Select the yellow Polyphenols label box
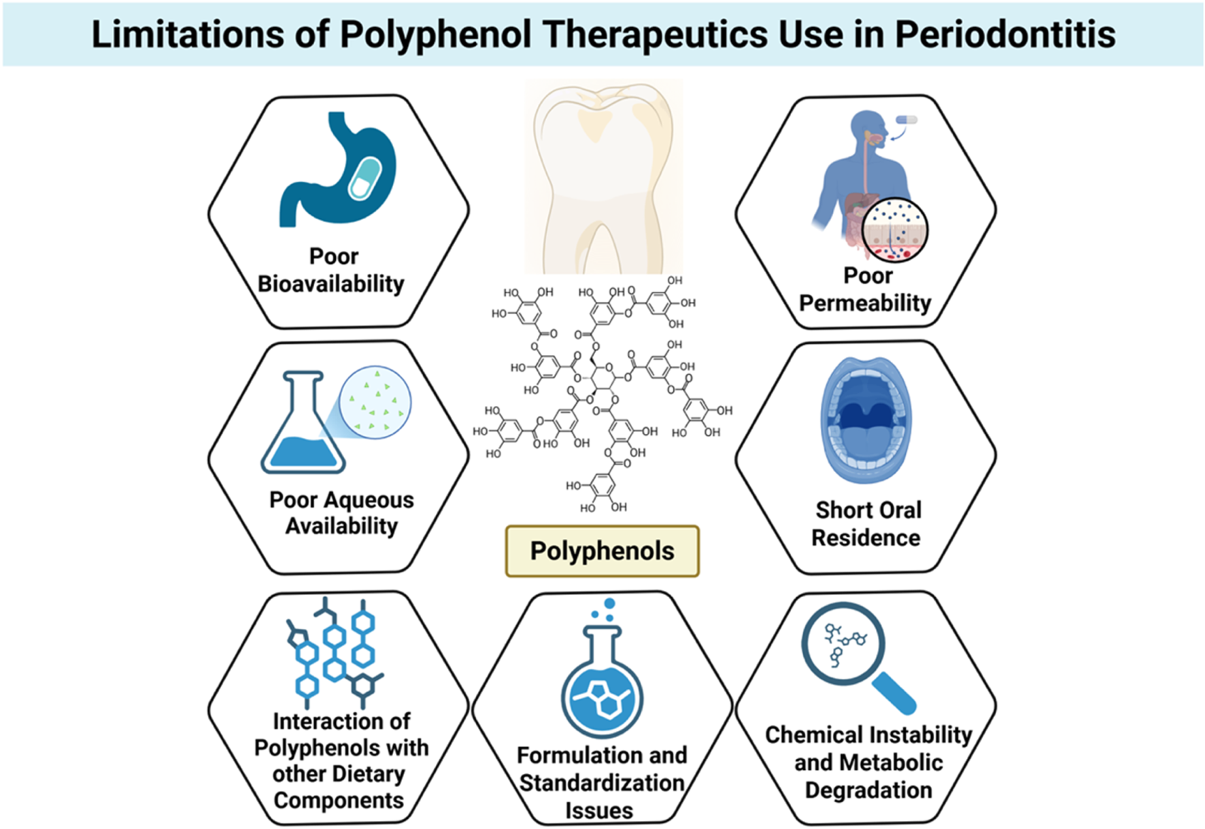(602, 551)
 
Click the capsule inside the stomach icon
(366, 178)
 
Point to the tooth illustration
(602, 177)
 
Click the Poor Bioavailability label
(331, 270)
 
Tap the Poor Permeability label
(865, 289)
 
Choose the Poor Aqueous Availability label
(341, 513)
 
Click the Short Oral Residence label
(866, 524)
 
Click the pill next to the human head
(906, 120)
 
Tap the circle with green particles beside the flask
(375, 403)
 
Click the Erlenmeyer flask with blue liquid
(303, 428)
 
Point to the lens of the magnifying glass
(843, 643)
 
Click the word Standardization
(602, 783)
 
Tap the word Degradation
(868, 790)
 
